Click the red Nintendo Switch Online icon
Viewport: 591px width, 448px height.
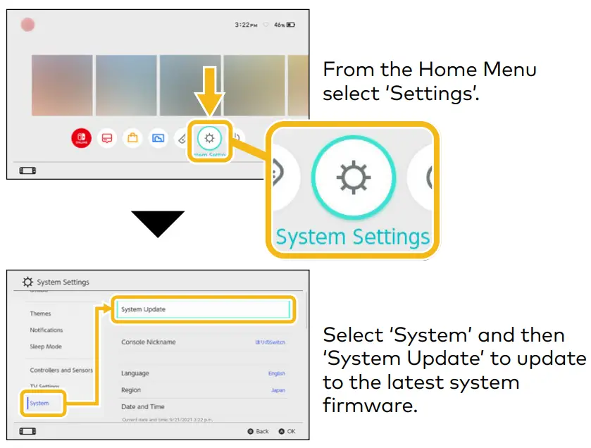point(82,138)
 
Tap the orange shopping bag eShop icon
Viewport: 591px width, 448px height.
point(132,138)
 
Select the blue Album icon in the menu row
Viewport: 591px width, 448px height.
point(158,138)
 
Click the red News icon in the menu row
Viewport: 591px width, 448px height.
point(107,138)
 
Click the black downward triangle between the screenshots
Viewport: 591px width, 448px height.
point(158,223)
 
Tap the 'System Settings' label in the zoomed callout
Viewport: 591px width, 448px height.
point(352,237)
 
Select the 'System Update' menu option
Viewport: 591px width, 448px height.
point(144,309)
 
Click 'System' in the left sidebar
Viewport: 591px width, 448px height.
point(39,404)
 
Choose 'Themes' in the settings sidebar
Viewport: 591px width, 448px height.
point(40,313)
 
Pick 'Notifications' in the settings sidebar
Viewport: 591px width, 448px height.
point(46,330)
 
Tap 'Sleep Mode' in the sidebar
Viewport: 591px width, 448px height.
point(46,347)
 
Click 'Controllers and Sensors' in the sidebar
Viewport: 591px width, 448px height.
point(61,370)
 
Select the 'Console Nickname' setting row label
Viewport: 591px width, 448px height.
point(149,342)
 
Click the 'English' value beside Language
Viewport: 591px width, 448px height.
point(277,373)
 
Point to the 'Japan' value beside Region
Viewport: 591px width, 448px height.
point(278,390)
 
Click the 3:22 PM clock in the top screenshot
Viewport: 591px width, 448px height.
point(246,25)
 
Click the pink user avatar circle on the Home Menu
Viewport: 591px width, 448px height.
point(28,25)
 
